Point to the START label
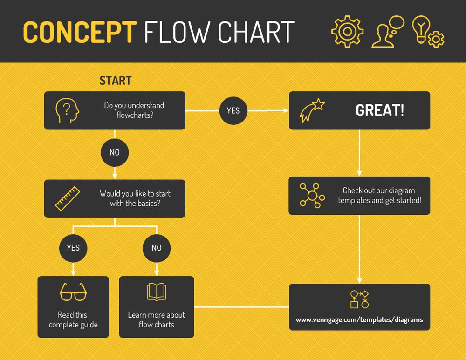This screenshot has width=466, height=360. [115, 81]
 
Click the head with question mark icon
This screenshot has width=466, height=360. [67, 110]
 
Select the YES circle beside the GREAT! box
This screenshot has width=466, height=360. [233, 110]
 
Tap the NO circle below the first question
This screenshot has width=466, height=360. [114, 152]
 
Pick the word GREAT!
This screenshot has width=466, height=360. [380, 110]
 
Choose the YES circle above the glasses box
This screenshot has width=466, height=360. [73, 248]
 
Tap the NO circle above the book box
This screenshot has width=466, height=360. [157, 248]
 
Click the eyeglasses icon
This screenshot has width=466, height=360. [73, 292]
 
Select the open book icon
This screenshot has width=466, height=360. [157, 291]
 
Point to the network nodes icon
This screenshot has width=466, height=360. [311, 195]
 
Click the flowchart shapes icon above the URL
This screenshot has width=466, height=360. [359, 299]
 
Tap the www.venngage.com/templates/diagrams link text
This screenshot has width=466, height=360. [359, 320]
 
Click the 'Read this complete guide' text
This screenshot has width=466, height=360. [73, 319]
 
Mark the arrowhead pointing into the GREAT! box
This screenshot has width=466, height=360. [285, 110]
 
